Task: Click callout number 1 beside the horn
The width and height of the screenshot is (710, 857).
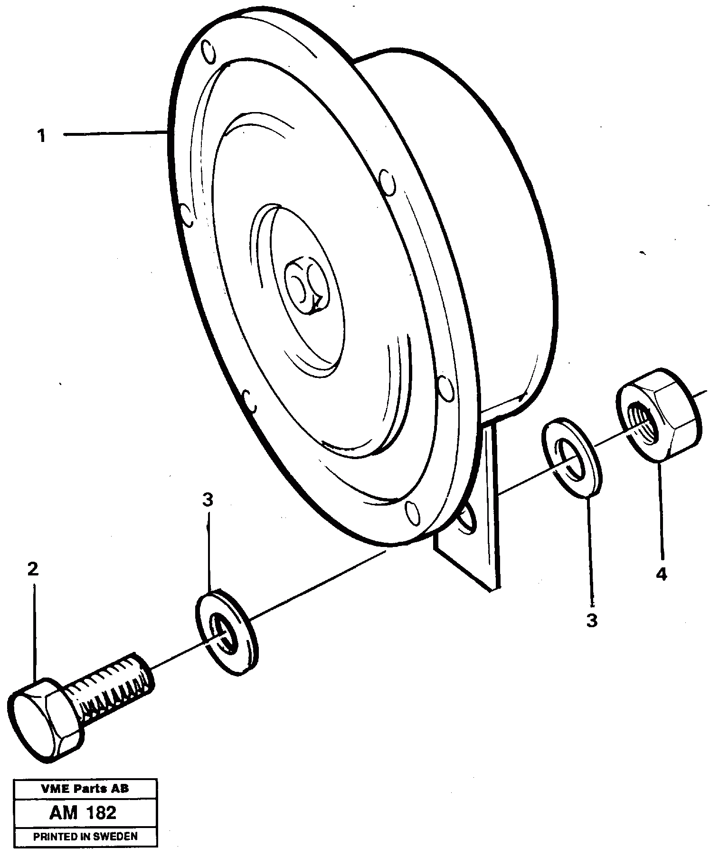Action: (42, 136)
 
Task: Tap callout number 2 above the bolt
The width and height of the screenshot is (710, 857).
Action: (32, 569)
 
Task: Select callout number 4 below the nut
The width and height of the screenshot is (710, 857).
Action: (662, 574)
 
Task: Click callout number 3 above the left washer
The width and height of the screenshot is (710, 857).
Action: (208, 499)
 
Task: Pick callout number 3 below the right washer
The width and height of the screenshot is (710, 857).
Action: (592, 621)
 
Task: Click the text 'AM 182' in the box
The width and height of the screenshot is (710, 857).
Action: (83, 813)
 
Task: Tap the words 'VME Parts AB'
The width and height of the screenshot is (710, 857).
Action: (85, 789)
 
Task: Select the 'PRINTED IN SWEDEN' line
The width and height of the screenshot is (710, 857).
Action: (85, 837)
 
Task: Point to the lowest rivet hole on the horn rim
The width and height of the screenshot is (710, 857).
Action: (412, 513)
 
